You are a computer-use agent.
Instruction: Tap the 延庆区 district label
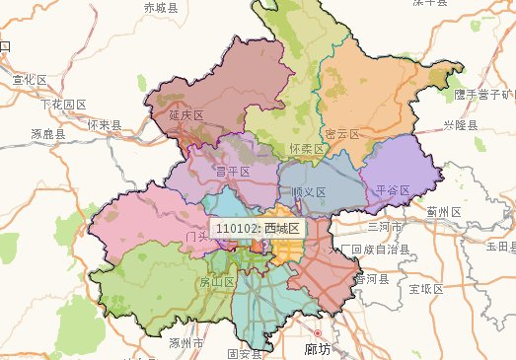click(x=185, y=115)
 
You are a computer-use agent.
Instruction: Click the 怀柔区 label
click(x=307, y=149)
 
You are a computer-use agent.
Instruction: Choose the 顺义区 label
click(x=309, y=191)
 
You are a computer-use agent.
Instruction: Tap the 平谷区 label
click(x=394, y=188)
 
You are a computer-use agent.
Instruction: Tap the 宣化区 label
click(x=29, y=79)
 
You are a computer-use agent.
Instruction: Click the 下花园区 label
click(x=63, y=104)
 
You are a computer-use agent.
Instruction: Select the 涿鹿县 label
click(x=47, y=133)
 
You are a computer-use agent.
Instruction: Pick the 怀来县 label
click(x=104, y=125)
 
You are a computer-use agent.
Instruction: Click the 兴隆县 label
click(x=460, y=125)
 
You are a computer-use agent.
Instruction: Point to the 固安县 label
click(x=244, y=352)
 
